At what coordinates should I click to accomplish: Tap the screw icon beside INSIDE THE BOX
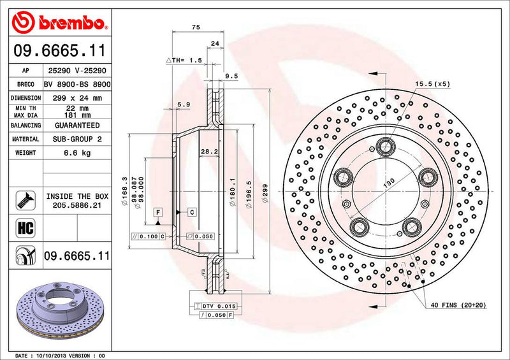coord(22,201)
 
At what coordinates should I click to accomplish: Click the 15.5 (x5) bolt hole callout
coord(433,84)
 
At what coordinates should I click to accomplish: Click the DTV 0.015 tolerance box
coord(219,306)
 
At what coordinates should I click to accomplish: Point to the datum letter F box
coord(157,211)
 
